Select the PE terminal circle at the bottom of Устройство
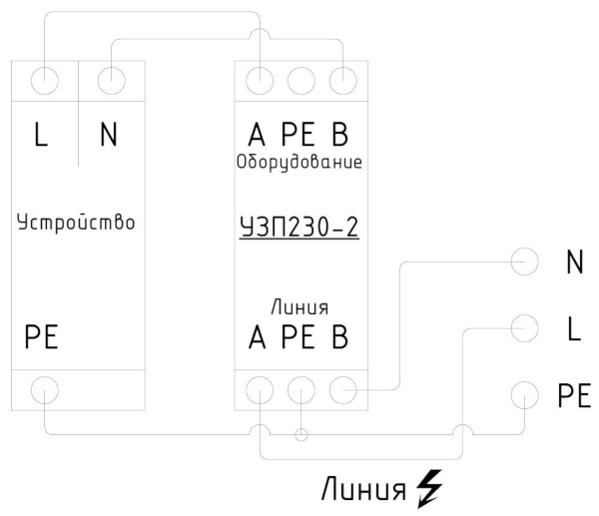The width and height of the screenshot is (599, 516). point(44,390)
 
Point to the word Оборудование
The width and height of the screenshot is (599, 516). point(299,161)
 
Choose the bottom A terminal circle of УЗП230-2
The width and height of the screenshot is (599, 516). point(261,390)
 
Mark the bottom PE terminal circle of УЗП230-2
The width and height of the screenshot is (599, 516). point(300,390)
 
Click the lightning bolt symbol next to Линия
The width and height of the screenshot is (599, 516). point(430,489)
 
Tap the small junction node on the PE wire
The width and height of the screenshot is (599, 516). point(300,434)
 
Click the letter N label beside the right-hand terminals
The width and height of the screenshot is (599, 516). point(574,262)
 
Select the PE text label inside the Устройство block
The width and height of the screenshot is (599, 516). point(42,337)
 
